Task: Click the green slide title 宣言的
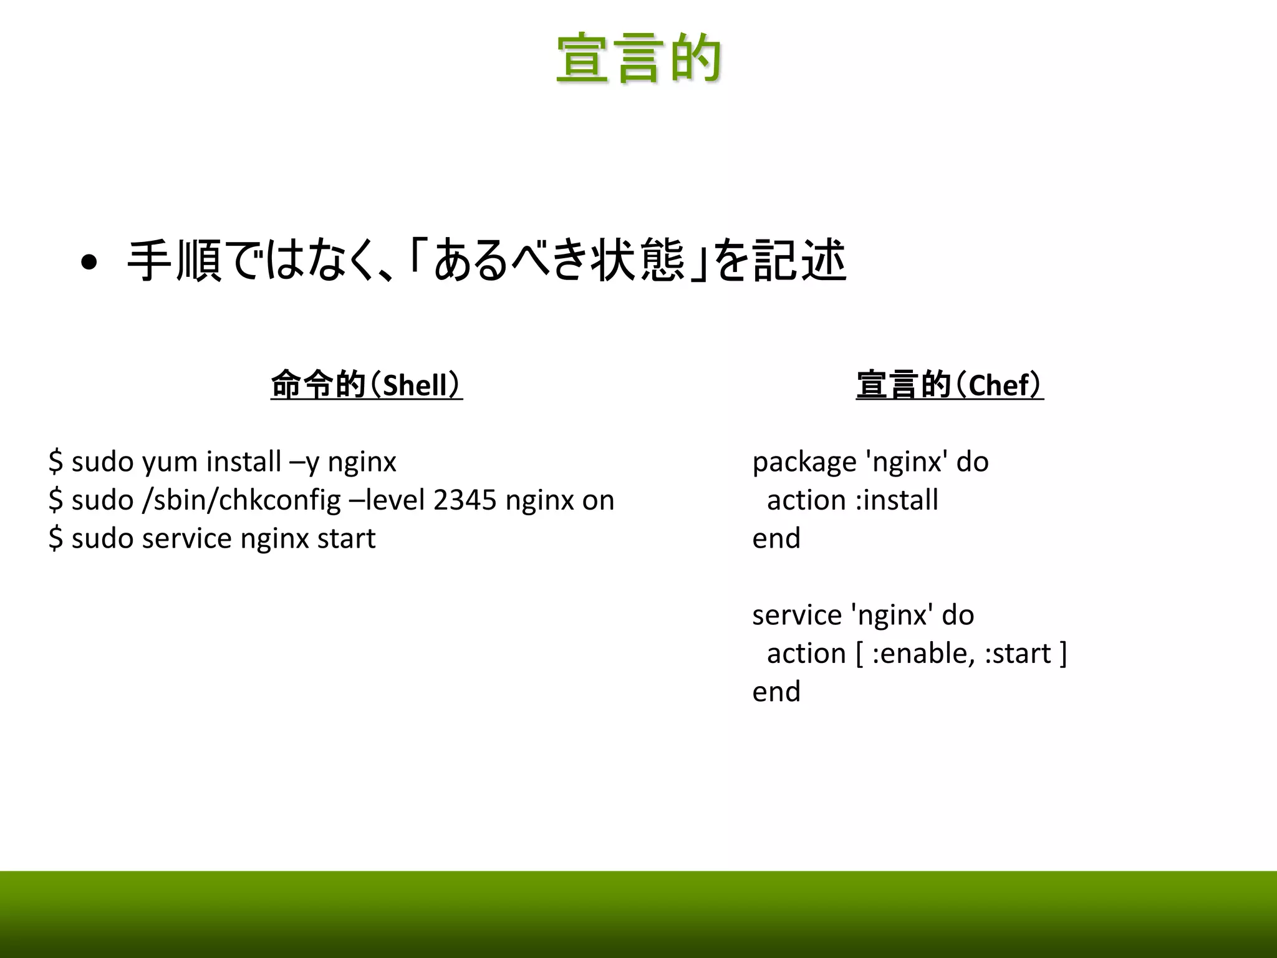coord(638,59)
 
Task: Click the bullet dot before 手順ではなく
coord(89,263)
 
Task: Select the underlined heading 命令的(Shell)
coord(367,385)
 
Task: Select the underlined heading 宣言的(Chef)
coord(949,385)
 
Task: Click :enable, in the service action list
coord(923,654)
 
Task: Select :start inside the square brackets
coord(1018,654)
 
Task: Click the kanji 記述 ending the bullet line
coord(799,261)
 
